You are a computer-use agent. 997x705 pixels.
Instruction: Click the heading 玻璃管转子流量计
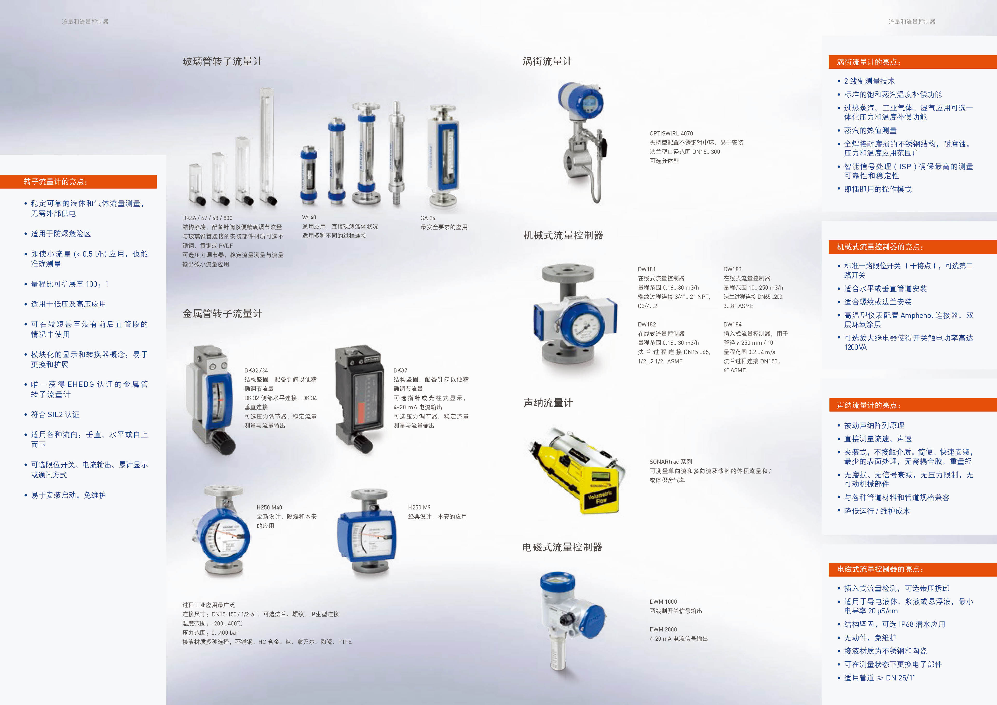[222, 61]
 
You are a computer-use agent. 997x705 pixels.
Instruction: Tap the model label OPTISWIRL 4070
[671, 133]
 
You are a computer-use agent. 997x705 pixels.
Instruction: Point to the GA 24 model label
[428, 218]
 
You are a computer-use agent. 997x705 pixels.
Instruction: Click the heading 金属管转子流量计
[222, 313]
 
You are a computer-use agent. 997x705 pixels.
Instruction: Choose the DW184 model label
[732, 324]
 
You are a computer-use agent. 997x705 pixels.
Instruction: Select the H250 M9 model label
[419, 507]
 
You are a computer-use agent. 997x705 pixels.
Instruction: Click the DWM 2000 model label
[663, 629]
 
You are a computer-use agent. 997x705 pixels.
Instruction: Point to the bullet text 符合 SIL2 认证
[55, 414]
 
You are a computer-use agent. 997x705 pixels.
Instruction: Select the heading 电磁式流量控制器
[562, 547]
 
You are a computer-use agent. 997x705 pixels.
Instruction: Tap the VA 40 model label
[309, 217]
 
